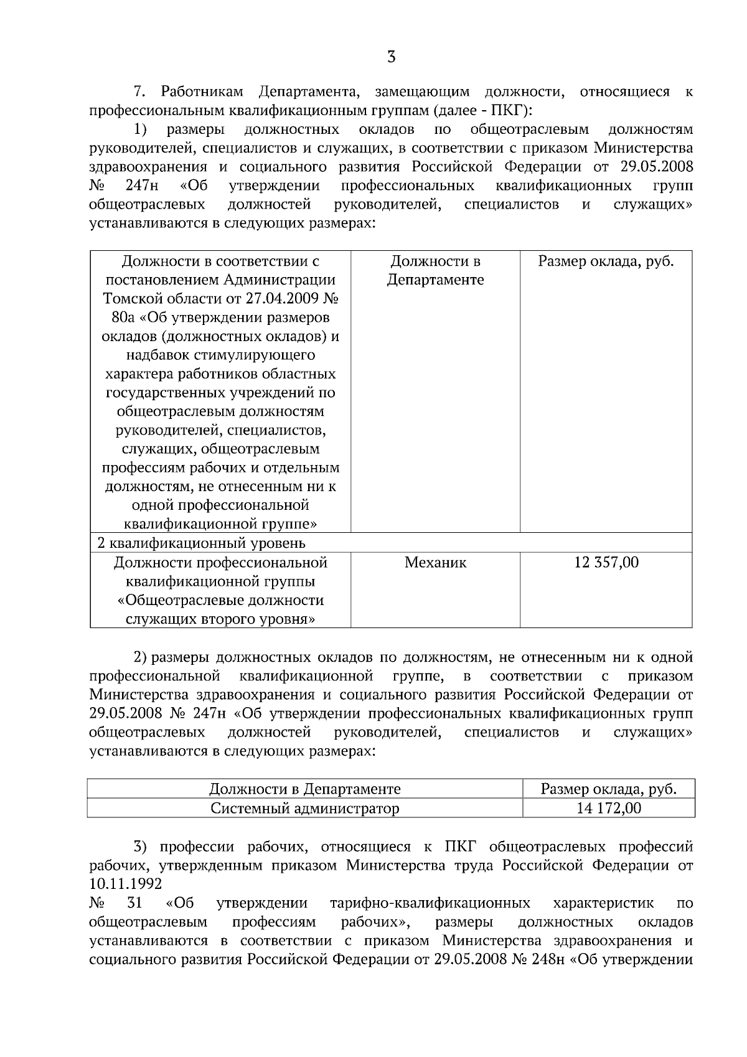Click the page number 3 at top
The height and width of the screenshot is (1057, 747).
point(391,58)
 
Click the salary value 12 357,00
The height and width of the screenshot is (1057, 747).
point(606,563)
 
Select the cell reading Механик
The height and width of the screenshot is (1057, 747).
point(435,563)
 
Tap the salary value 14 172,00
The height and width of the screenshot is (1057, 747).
point(609,808)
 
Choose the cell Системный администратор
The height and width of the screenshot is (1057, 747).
point(304,808)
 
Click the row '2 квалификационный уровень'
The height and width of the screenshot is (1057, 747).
point(202,543)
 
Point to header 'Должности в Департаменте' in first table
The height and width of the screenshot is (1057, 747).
point(435,270)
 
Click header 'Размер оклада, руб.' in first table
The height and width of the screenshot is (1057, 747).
point(606,261)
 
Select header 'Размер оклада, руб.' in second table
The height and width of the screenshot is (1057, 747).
point(608,789)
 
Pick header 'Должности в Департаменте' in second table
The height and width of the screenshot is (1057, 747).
point(304,789)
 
